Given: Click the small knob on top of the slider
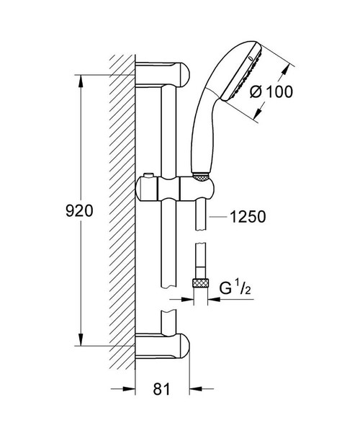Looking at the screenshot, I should pyautogui.click(x=148, y=176).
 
